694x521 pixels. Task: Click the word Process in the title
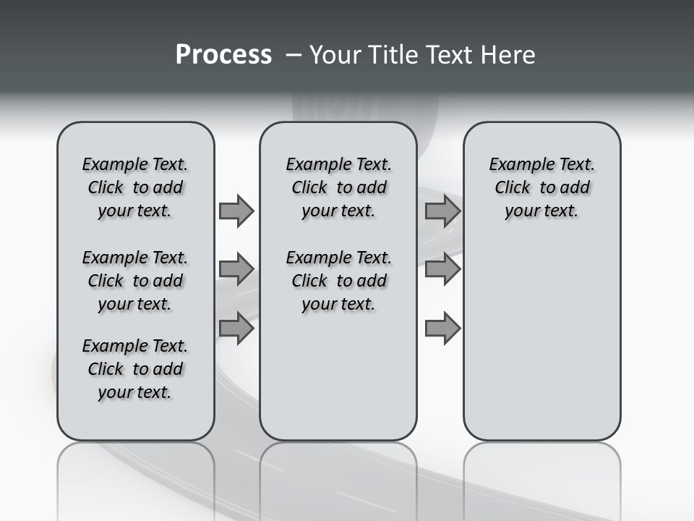click(223, 55)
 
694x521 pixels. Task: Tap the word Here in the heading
click(508, 55)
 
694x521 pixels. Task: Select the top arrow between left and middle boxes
click(236, 211)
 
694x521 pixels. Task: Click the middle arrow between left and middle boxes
click(236, 269)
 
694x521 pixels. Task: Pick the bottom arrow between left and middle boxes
click(236, 328)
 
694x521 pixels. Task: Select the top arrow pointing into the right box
click(442, 211)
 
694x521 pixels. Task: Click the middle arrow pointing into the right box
click(442, 269)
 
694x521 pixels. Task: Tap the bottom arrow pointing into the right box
click(442, 328)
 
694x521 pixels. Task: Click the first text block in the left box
click(135, 187)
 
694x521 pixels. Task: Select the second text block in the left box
click(135, 281)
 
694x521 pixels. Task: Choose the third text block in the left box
click(135, 369)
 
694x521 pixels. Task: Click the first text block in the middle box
click(338, 187)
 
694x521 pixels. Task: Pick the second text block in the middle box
click(338, 281)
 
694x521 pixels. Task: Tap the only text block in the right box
click(541, 187)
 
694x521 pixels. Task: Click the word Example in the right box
click(516, 165)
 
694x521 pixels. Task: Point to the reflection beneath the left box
click(135, 478)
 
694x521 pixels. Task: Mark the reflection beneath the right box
click(541, 478)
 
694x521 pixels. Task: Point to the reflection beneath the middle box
click(338, 478)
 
